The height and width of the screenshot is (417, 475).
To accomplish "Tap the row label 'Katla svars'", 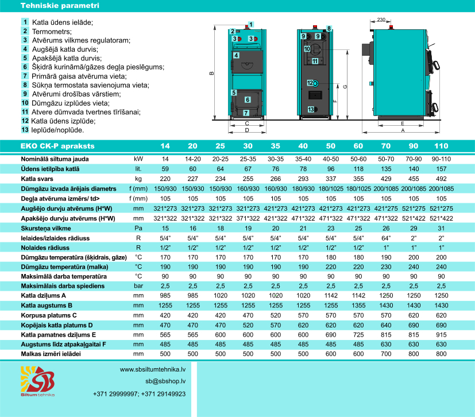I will [x=37, y=178].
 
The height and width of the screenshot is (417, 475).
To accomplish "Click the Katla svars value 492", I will [x=441, y=178].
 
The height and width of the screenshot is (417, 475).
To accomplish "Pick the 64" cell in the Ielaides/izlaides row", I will [x=386, y=237].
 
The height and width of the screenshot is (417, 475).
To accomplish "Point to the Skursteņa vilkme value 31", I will [x=441, y=227].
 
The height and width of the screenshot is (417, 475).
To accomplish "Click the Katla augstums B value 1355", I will [x=358, y=305].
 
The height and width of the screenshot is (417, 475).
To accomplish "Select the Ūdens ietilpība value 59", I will [x=165, y=168].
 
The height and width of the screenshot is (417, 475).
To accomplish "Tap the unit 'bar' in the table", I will [x=138, y=285].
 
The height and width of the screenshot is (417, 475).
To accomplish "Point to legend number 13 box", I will [x=25, y=130].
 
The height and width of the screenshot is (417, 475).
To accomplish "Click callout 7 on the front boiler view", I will [x=246, y=113].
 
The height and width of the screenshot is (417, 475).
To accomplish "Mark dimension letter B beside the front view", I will [x=211, y=73].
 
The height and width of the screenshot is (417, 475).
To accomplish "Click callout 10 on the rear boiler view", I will [x=307, y=49].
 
